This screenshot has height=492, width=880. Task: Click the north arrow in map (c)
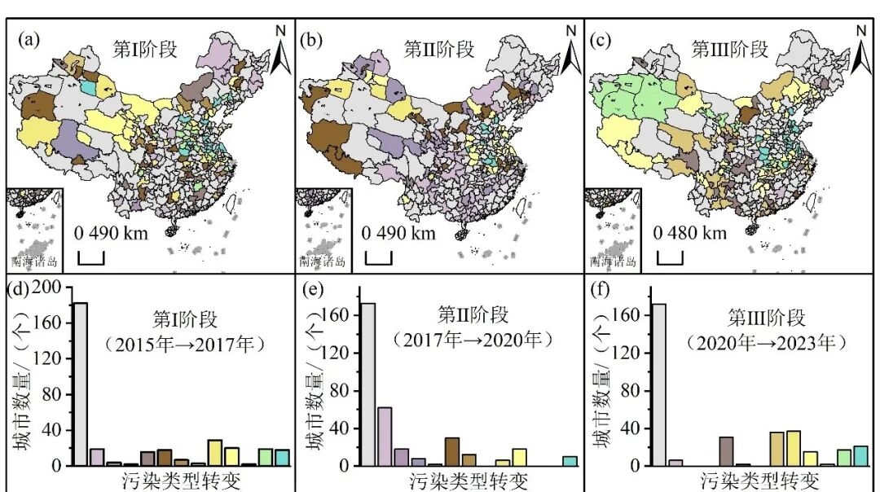860,51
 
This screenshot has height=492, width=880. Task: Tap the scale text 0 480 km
689,234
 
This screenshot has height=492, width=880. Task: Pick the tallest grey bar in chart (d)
81,383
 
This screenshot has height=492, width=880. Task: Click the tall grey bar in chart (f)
659,384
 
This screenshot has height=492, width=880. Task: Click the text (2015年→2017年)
185,345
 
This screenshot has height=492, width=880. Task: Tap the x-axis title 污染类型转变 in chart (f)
761,479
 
